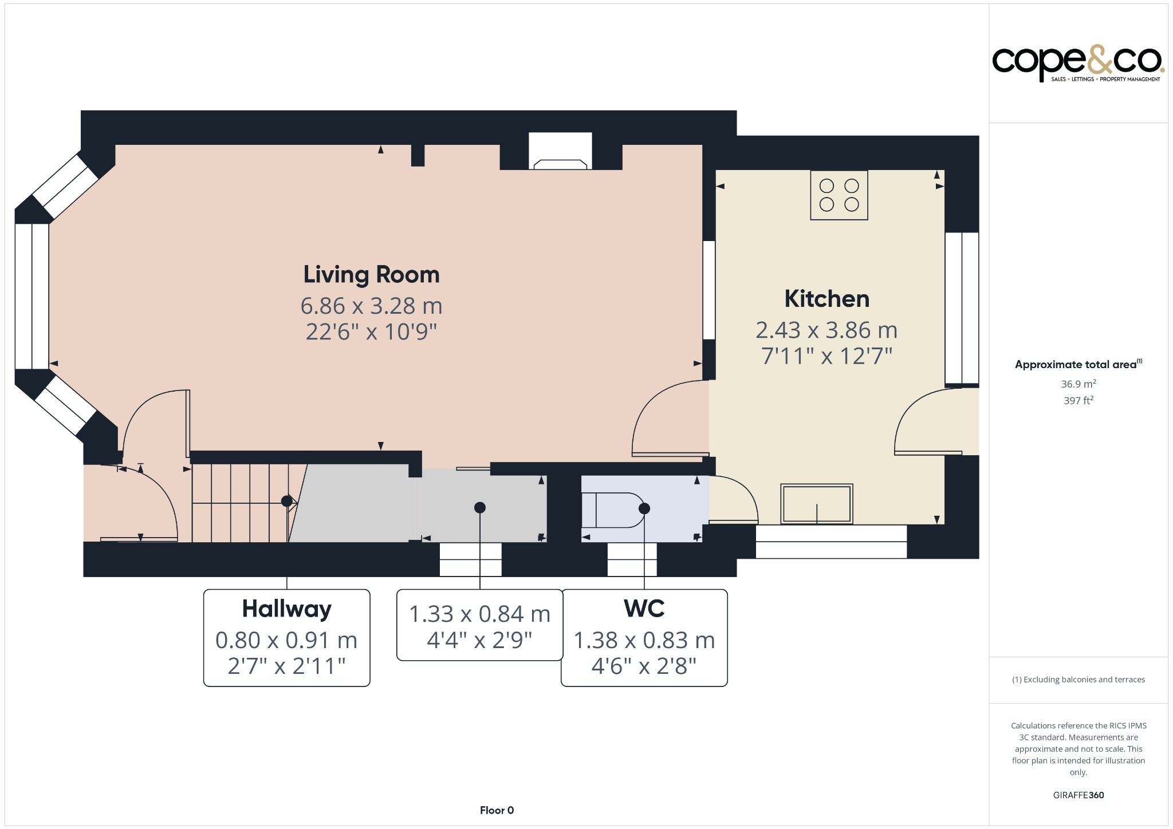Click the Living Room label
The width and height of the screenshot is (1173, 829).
pyautogui.click(x=371, y=275)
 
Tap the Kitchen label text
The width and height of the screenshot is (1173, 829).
pyautogui.click(x=826, y=299)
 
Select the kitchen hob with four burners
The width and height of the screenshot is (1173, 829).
pyautogui.click(x=839, y=195)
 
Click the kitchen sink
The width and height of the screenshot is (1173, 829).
pyautogui.click(x=817, y=504)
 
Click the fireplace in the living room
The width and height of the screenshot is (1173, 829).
pyautogui.click(x=560, y=151)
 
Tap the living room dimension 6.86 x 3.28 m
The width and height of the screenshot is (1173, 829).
pyautogui.click(x=371, y=306)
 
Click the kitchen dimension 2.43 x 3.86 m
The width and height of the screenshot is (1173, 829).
pyautogui.click(x=826, y=330)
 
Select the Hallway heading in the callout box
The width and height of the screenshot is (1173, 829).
pyautogui.click(x=286, y=609)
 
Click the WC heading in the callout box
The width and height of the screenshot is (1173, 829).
pyautogui.click(x=644, y=609)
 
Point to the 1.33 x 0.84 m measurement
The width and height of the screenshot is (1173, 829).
pyautogui.click(x=479, y=614)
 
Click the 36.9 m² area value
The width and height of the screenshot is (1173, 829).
pyautogui.click(x=1078, y=384)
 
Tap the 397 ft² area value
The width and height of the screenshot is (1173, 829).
pyautogui.click(x=1078, y=400)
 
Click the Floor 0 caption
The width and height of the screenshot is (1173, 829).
pyautogui.click(x=497, y=810)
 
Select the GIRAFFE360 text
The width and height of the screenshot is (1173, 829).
pyautogui.click(x=1078, y=795)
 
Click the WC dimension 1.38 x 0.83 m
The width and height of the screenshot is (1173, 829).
pyautogui.click(x=644, y=641)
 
